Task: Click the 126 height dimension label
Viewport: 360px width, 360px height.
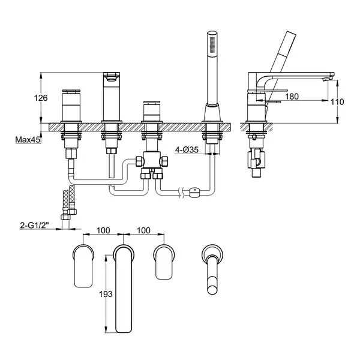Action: (x=41, y=98)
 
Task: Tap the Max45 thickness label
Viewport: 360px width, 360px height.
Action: (x=28, y=139)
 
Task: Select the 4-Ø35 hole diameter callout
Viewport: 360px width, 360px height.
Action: (x=187, y=150)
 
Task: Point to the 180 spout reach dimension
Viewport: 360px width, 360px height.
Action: (x=292, y=97)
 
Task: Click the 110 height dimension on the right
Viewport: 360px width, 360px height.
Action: (x=337, y=102)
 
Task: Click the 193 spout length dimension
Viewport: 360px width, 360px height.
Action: (x=106, y=294)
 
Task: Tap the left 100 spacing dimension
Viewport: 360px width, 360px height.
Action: (x=103, y=230)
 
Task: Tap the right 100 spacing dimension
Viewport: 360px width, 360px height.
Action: (x=144, y=230)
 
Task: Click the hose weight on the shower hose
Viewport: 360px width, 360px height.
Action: (x=194, y=192)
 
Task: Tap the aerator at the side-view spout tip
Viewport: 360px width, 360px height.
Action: (x=327, y=79)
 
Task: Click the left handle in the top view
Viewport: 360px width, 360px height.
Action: (x=83, y=266)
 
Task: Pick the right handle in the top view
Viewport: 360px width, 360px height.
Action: (x=164, y=262)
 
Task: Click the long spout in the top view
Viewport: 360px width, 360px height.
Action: (x=124, y=289)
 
